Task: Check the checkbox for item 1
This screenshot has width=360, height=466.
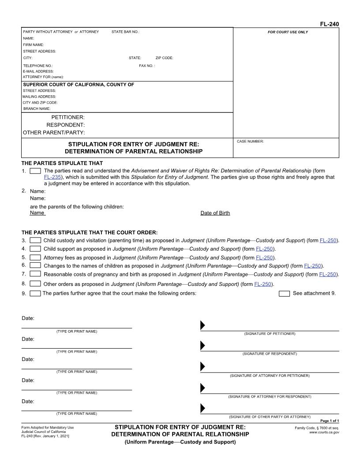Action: click(35, 171)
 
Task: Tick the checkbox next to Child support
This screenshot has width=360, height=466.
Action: click(35, 249)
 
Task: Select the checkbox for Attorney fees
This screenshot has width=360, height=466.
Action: click(35, 257)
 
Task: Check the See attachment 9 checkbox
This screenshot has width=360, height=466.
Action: click(285, 293)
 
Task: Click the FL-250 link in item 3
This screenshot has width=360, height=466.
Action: click(328, 241)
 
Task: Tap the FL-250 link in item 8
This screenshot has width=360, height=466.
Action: click(263, 284)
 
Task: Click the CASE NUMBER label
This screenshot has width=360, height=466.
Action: click(250, 142)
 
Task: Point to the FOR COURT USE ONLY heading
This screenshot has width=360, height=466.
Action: click(288, 32)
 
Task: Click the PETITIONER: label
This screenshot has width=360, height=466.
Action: click(68, 117)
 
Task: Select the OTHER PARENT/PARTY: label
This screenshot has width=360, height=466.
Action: click(54, 132)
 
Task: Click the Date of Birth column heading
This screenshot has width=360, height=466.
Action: click(215, 213)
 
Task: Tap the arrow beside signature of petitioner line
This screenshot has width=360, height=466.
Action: click(202, 325)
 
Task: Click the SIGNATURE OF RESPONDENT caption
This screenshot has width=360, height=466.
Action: click(270, 354)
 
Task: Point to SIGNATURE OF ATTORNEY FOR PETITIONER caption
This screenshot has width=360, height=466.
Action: click(270, 376)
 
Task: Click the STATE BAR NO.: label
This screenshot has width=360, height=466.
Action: click(125, 32)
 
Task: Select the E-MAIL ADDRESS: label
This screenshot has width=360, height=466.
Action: click(38, 71)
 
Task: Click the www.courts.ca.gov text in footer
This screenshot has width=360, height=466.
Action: click(324, 432)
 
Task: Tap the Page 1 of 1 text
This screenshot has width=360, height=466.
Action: click(329, 421)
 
